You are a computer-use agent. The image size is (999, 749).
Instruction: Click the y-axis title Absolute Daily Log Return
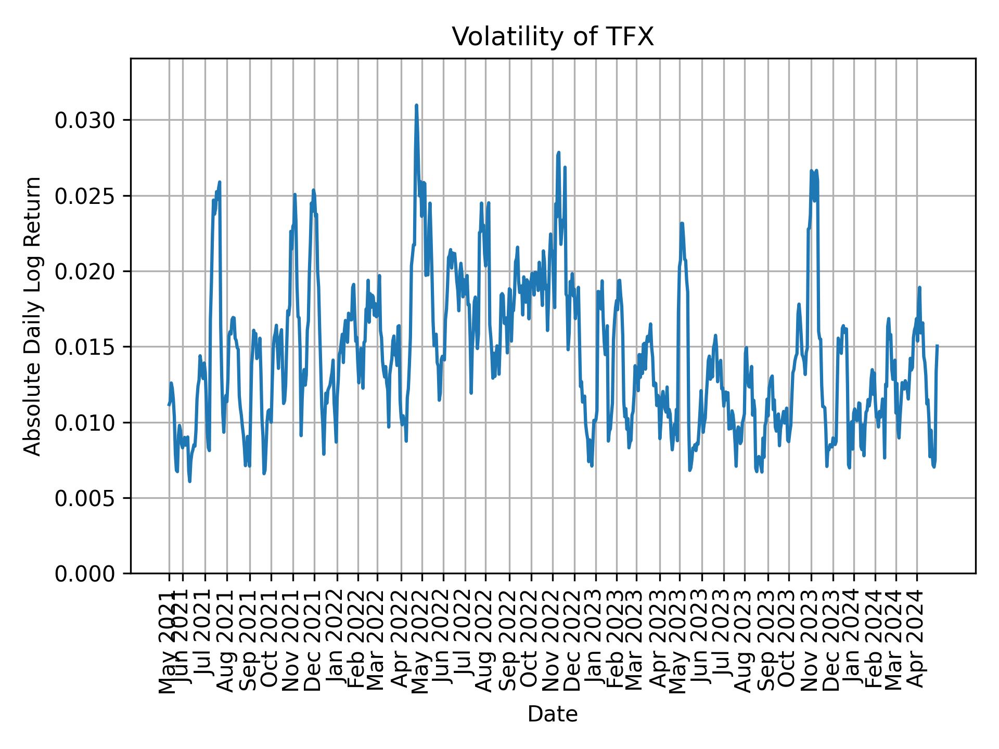point(33,316)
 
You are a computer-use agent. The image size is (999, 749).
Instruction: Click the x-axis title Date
point(552,715)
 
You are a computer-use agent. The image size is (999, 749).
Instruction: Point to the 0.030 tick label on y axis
point(85,121)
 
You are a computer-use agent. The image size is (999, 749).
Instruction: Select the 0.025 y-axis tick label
point(85,196)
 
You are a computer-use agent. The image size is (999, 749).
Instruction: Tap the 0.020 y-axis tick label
point(85,272)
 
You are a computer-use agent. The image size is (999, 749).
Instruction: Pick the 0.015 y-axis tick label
point(85,347)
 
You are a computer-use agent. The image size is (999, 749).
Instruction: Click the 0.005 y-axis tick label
point(85,498)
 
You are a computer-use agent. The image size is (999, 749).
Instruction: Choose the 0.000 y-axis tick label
point(85,574)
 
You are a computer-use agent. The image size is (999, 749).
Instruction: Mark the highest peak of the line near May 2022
point(416,106)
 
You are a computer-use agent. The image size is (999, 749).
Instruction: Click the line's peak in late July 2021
point(220,182)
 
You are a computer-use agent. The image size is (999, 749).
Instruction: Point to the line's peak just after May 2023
point(682,223)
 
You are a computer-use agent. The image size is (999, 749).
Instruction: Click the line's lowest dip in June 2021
point(189,481)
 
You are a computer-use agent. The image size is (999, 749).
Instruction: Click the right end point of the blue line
point(937,345)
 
